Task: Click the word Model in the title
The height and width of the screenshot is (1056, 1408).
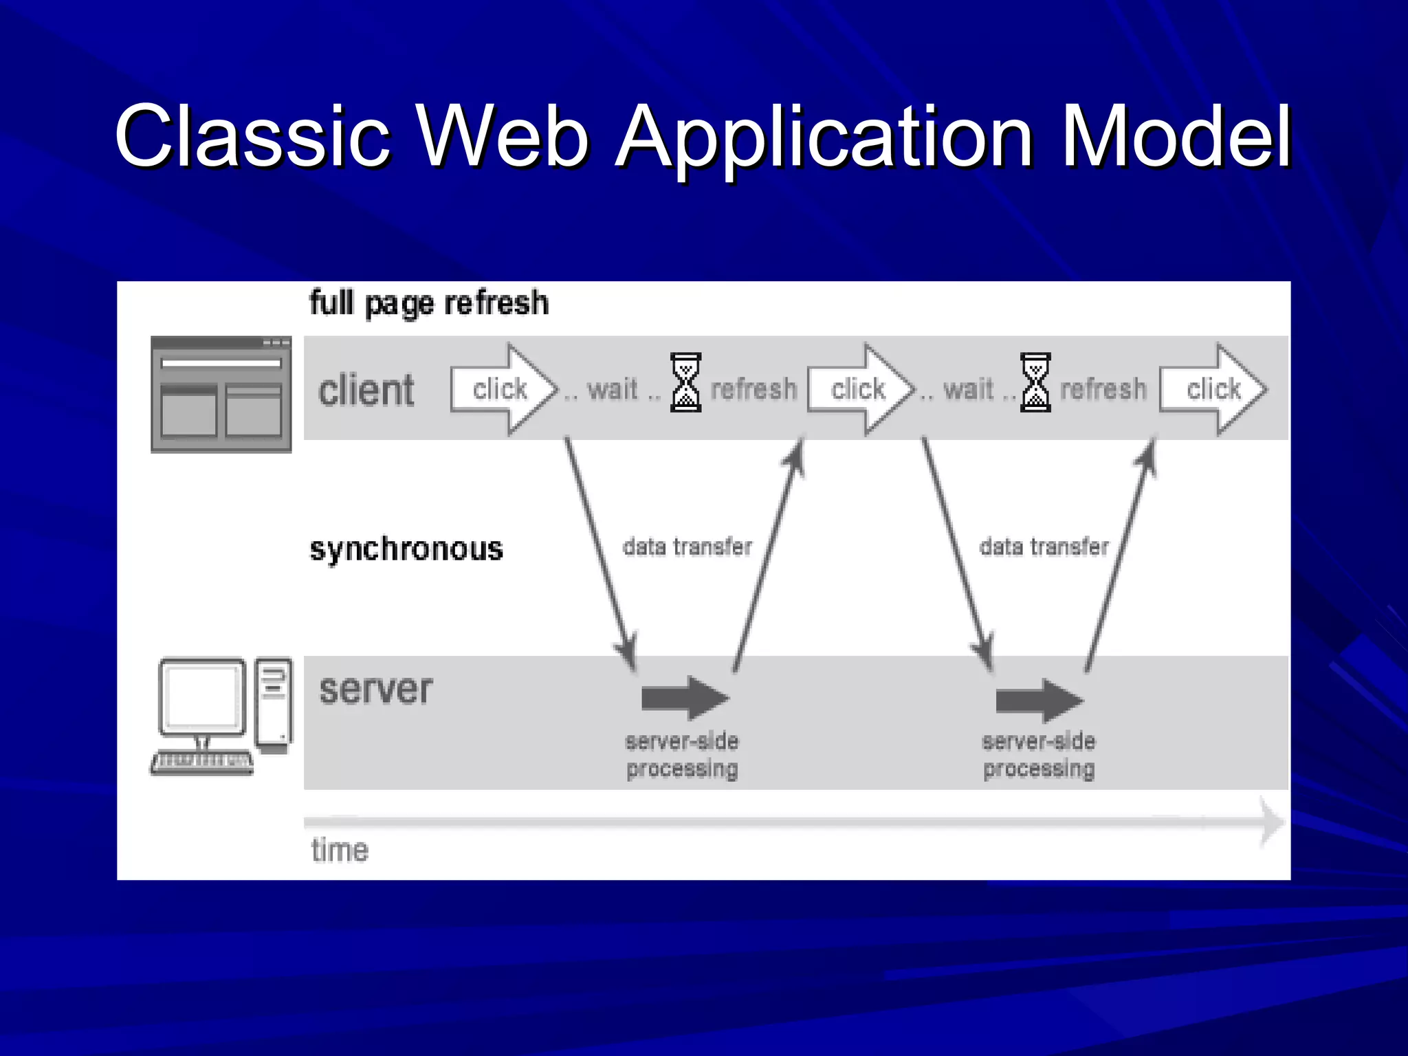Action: click(x=1176, y=135)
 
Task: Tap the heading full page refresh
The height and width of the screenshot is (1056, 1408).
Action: click(x=429, y=303)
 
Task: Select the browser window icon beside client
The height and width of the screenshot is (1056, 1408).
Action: click(x=221, y=394)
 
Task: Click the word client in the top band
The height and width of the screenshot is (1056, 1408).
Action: click(x=366, y=390)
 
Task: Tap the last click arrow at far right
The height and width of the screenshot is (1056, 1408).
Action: click(x=1214, y=389)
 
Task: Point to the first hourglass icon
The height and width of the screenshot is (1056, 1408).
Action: click(x=685, y=382)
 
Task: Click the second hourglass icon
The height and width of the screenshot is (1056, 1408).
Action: click(x=1035, y=382)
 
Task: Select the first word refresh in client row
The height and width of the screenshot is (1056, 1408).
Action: click(x=753, y=389)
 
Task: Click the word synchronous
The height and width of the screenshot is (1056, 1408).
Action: click(x=406, y=549)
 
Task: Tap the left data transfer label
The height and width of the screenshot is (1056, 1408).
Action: click(x=687, y=547)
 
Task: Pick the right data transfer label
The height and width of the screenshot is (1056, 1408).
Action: click(x=1044, y=547)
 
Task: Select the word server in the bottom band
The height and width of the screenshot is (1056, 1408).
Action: click(x=375, y=690)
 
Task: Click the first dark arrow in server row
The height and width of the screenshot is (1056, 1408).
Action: click(x=685, y=698)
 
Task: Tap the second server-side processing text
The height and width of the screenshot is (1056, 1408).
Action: click(x=1038, y=755)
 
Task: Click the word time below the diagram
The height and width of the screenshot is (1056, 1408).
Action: click(x=340, y=850)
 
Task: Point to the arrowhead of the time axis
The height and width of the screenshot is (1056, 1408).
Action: click(x=1273, y=822)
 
